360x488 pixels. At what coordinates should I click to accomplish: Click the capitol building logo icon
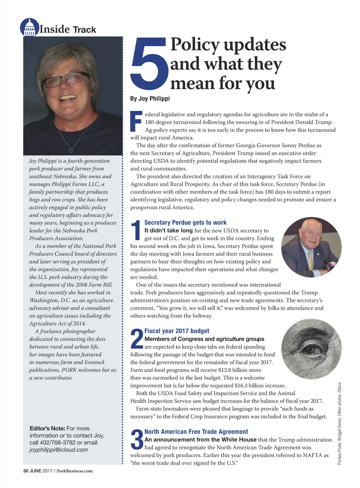click(30, 27)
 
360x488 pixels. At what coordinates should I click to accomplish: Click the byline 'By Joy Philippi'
click(150, 99)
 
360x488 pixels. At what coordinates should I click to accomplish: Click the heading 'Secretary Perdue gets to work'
click(185, 223)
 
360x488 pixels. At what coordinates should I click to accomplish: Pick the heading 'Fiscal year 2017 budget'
click(176, 331)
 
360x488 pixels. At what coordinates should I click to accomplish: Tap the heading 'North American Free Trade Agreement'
click(196, 432)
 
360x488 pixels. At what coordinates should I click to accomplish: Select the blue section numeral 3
click(136, 439)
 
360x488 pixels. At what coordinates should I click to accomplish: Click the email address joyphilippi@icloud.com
click(58, 450)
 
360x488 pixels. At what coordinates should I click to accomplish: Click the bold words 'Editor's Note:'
click(47, 429)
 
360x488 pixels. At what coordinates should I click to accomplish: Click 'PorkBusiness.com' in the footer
click(75, 471)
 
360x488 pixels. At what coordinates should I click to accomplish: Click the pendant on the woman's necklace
click(71, 150)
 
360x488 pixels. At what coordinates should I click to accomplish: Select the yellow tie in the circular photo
click(310, 259)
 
